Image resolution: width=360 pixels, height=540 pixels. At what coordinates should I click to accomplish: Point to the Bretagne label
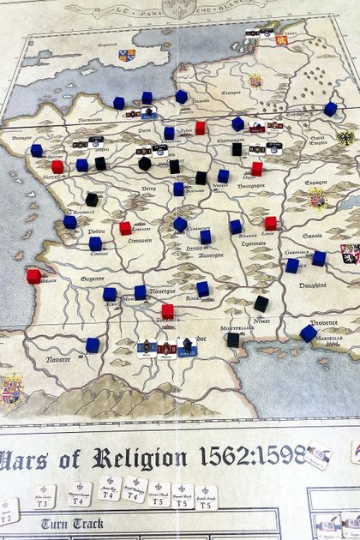pyautogui.click(x=21, y=138)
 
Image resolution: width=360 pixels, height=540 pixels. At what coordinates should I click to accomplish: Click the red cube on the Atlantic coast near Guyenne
pyautogui.click(x=33, y=276)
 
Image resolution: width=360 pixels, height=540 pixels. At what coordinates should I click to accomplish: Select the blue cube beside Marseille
pyautogui.click(x=309, y=333)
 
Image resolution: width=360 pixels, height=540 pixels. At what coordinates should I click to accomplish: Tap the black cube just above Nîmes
pyautogui.click(x=261, y=303)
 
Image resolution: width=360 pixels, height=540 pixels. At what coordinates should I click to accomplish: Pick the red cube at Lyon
pyautogui.click(x=271, y=224)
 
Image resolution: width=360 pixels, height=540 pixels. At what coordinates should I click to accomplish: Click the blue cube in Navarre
pyautogui.click(x=93, y=345)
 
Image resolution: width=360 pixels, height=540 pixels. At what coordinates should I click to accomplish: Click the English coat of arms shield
pyautogui.click(x=127, y=56)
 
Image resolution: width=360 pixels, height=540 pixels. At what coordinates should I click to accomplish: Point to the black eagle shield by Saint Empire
pyautogui.click(x=345, y=137)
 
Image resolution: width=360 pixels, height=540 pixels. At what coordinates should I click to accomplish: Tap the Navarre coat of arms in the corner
pyautogui.click(x=12, y=389)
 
